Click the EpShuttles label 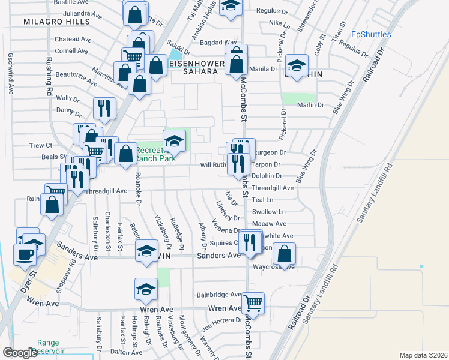(371, 34)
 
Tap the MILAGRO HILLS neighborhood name (56, 21)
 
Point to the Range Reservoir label (48, 347)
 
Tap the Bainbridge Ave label (219, 295)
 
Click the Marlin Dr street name (310, 105)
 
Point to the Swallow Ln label (268, 212)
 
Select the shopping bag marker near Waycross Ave (285, 253)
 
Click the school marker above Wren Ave (145, 290)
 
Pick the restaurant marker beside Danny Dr (104, 108)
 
